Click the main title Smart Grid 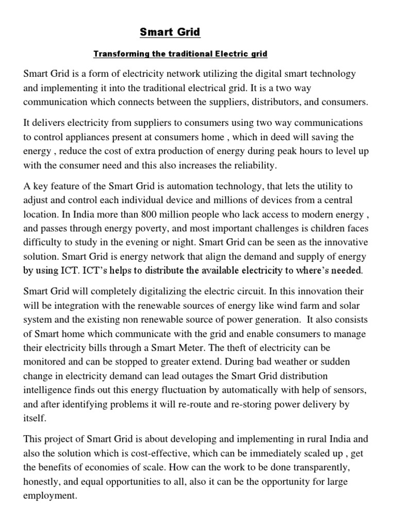tap(170, 32)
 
